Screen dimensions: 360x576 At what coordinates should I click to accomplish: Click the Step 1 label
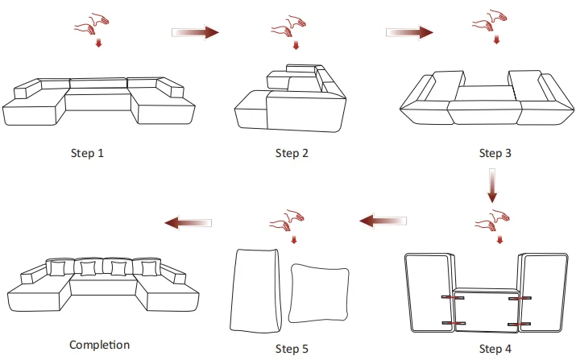(88, 153)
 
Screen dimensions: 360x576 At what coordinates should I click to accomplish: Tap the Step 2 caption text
(292, 153)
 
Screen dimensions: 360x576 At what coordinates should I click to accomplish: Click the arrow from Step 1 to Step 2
(196, 32)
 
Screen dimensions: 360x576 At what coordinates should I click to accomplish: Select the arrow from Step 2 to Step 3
(410, 32)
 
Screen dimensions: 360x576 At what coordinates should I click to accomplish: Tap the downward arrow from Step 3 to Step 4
(493, 186)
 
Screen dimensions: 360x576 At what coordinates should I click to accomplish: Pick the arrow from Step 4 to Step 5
(383, 220)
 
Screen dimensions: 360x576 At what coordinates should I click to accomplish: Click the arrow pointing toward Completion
(189, 221)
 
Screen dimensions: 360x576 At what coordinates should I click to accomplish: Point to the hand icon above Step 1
(91, 25)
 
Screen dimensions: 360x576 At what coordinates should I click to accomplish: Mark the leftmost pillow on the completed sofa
(59, 267)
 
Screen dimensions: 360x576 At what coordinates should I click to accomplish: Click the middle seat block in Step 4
(485, 310)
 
